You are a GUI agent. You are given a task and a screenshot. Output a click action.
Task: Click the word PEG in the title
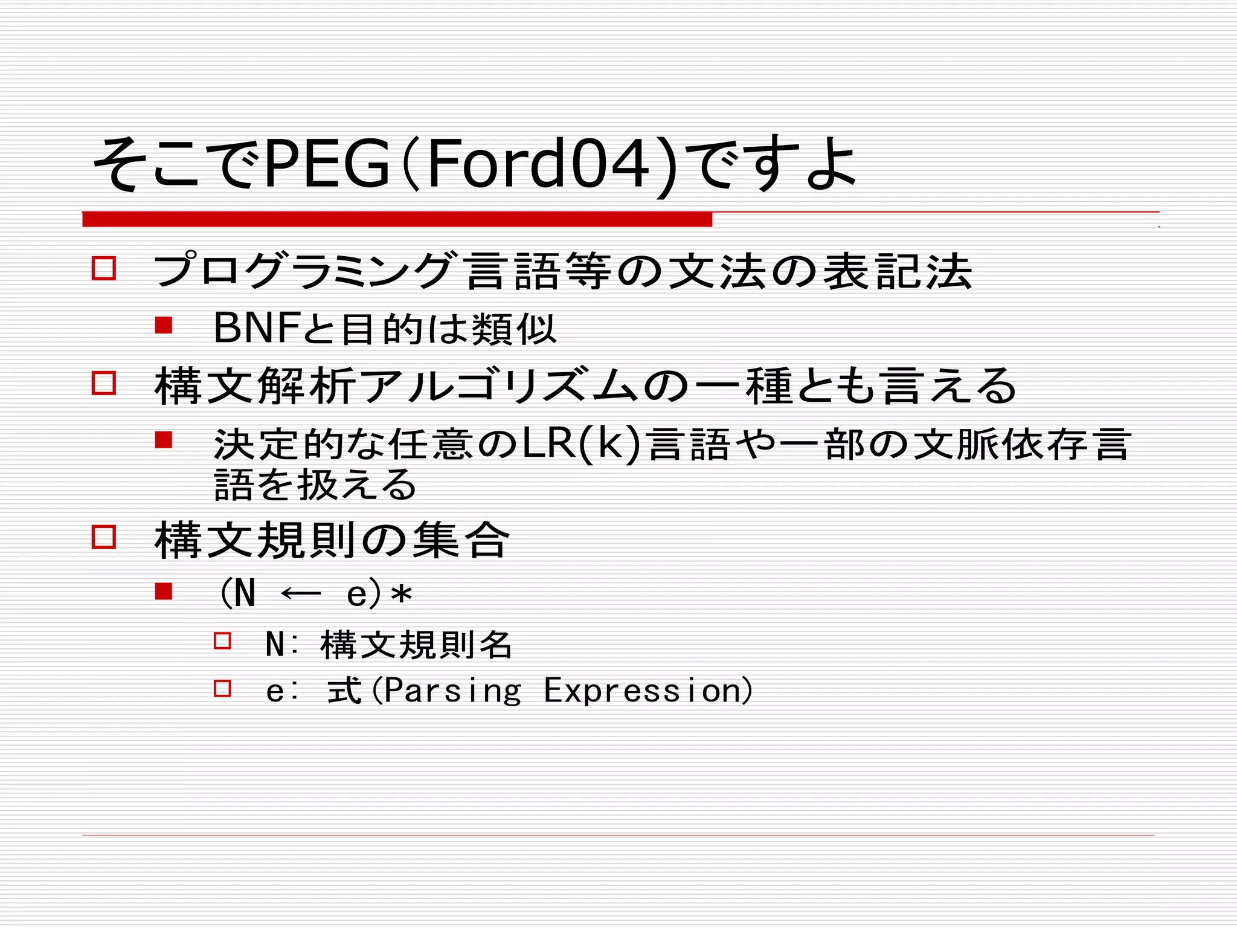[x=327, y=164]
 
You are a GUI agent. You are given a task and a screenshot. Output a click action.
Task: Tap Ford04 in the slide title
[x=538, y=164]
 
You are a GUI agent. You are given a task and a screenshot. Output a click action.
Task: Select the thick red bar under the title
[x=397, y=219]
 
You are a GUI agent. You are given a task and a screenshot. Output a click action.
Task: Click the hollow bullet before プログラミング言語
[x=103, y=268]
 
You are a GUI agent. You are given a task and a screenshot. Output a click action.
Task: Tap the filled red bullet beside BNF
[x=163, y=326]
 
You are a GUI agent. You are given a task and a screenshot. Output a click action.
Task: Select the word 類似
[x=513, y=329]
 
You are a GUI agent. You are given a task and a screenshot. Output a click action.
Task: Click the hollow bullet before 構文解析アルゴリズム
[x=103, y=383]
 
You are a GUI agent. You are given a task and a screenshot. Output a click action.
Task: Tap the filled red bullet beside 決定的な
[x=163, y=440]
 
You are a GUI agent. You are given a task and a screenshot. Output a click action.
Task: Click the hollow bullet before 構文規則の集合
[x=103, y=536]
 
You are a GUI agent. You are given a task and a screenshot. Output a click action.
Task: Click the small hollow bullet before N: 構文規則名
[x=222, y=641]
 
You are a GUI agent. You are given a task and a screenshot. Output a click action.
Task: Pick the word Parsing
[x=452, y=691]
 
